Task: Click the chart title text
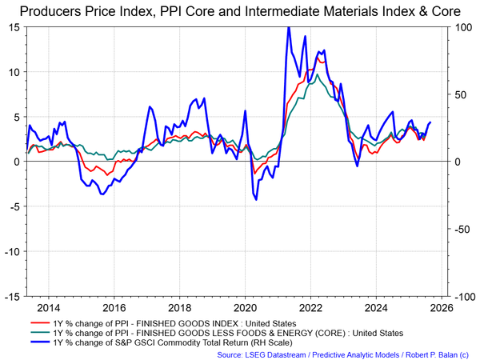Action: (240, 11)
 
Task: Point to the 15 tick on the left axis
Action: (14, 26)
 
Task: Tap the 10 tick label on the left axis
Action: (14, 71)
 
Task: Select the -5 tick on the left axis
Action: (14, 206)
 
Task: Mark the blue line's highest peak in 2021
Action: (288, 27)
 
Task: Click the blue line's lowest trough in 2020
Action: (256, 199)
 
